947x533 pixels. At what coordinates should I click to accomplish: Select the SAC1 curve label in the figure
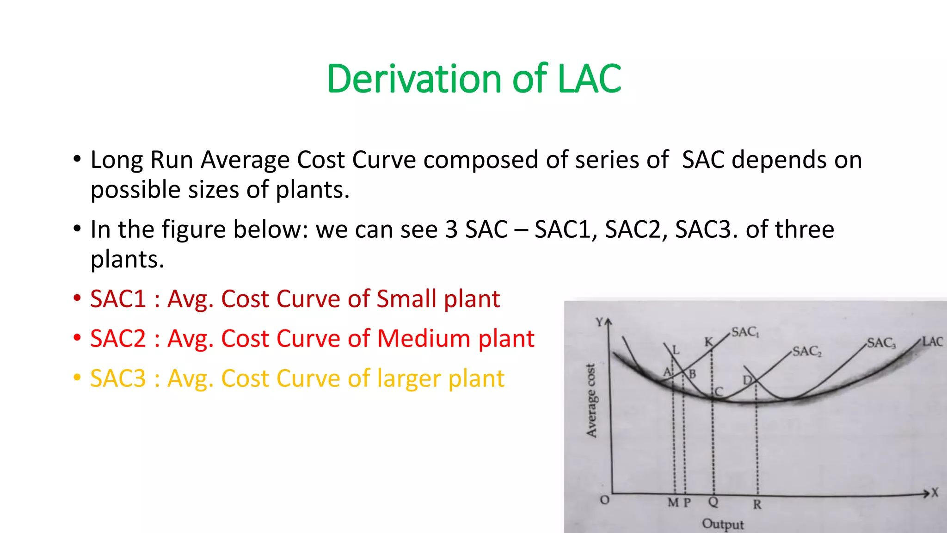[745, 332]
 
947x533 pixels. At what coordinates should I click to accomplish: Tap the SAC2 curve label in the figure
[807, 352]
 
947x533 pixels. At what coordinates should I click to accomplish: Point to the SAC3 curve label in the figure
[881, 343]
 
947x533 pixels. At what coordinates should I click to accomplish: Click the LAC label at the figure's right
[932, 341]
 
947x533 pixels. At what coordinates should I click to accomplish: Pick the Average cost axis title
[591, 400]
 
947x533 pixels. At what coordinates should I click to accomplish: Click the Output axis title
[723, 524]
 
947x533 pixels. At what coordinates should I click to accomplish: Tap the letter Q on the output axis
[713, 502]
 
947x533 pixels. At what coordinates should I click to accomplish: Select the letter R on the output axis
[757, 504]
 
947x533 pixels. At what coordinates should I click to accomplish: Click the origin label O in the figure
[604, 500]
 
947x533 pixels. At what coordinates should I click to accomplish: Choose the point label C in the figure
[719, 392]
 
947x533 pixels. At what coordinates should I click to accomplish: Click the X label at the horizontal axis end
[935, 493]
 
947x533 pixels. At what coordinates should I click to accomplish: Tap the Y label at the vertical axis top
[599, 322]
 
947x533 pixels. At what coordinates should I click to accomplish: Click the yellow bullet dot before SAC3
[77, 378]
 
